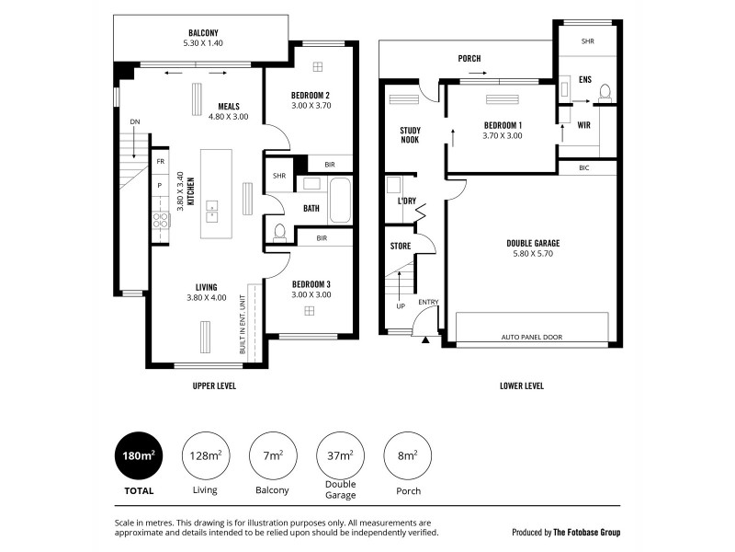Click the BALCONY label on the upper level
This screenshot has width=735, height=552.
pos(203,34)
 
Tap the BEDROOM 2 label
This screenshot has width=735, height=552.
pos(310,96)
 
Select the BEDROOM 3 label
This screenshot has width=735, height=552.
pos(310,283)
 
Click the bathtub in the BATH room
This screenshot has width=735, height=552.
pos(339,201)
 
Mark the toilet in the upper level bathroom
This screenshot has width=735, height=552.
pos(279,231)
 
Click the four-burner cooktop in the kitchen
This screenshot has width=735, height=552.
pos(159,220)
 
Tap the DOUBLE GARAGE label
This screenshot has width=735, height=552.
pos(533,243)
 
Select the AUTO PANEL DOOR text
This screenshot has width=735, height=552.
pos(533,338)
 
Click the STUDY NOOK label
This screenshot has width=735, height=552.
pos(410,136)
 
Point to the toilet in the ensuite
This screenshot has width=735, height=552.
pos(605,93)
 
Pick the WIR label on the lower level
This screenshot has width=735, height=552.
pos(583,125)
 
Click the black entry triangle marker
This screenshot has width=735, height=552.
pos(425,341)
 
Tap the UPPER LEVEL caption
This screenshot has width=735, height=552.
pos(214,386)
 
